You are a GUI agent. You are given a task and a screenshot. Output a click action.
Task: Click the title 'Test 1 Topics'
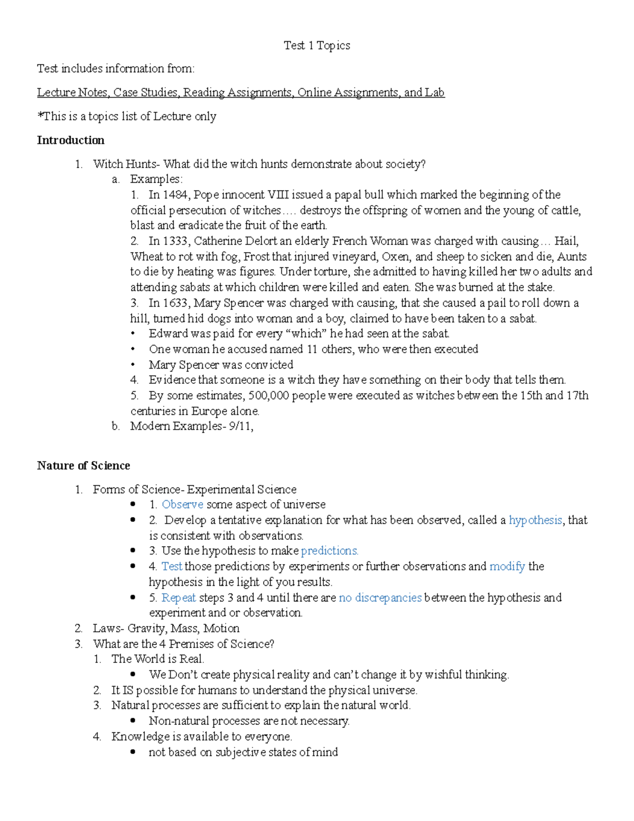[316, 45]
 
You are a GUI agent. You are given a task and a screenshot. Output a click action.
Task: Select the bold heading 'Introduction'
[70, 140]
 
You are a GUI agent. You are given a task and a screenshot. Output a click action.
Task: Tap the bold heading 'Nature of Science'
[83, 465]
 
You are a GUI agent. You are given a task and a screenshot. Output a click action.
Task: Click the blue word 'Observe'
[182, 504]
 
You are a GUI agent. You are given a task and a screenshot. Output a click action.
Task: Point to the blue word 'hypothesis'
[535, 520]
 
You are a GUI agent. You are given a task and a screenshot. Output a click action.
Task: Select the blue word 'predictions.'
[330, 551]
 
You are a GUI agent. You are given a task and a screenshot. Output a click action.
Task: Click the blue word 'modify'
[507, 566]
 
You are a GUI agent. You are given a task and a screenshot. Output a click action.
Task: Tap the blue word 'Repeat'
[179, 597]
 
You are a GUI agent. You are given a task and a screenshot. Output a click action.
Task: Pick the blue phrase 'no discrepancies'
[380, 597]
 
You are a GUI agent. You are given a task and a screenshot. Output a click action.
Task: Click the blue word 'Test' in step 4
[172, 566]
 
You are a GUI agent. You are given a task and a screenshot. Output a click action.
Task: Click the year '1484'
[174, 195]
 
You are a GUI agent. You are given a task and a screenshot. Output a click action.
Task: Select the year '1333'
[174, 241]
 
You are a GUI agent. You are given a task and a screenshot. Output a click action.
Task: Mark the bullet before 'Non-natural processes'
[133, 721]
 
